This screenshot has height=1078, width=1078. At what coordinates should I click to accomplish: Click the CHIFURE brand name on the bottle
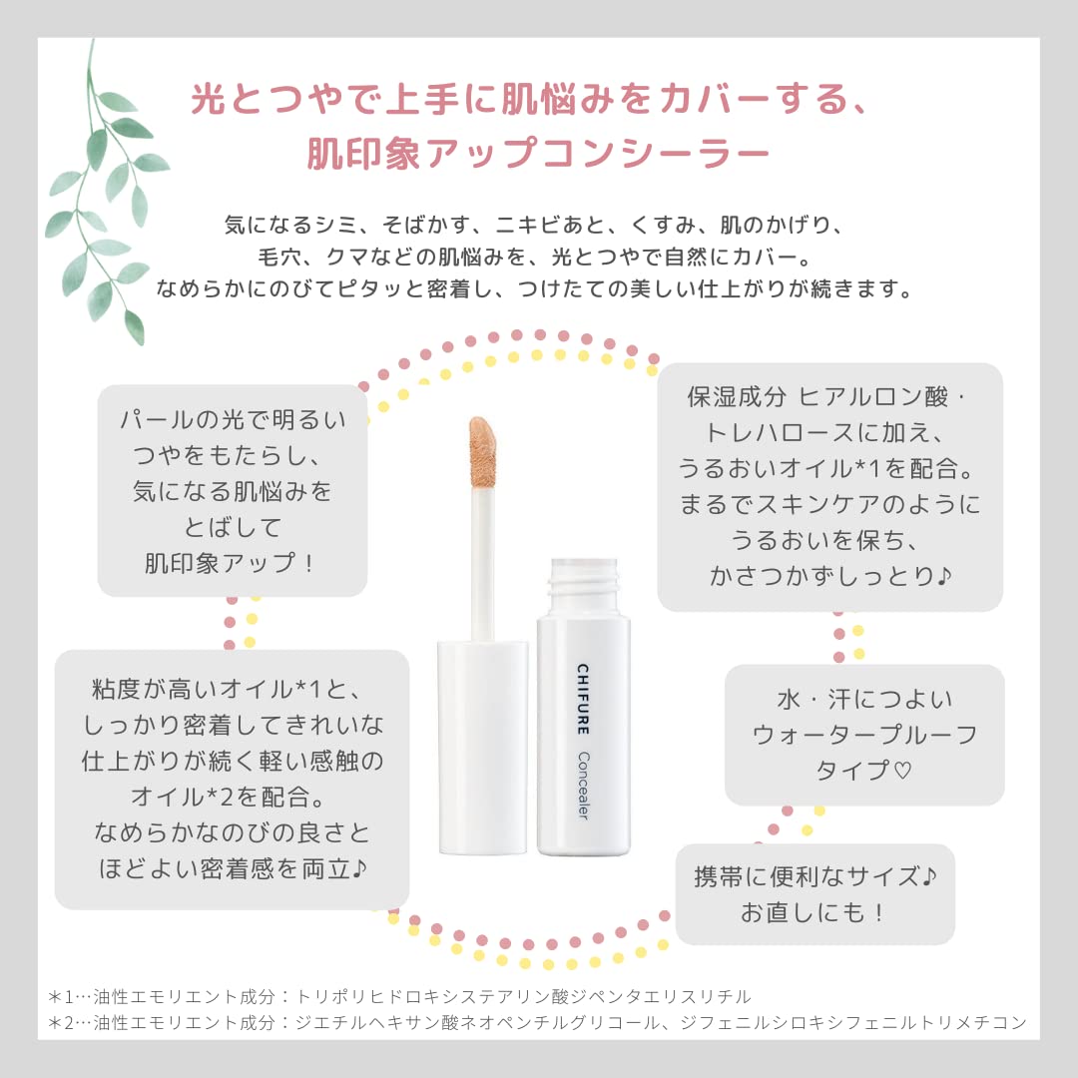pos(581,695)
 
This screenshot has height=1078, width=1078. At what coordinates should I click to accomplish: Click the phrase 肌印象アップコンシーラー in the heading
pos(539,153)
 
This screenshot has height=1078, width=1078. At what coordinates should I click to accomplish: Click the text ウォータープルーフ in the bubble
pos(864,736)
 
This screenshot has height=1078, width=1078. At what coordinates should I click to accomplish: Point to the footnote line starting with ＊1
pos(399,996)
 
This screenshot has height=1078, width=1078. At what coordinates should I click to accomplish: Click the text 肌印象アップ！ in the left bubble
pos(232,563)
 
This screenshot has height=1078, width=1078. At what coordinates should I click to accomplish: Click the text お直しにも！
pos(813,912)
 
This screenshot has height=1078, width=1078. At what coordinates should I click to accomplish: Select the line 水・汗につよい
pos(864,699)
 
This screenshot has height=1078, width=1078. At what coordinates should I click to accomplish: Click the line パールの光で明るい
pos(232,420)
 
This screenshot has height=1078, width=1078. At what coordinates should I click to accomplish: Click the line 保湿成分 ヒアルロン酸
pos(828,396)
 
